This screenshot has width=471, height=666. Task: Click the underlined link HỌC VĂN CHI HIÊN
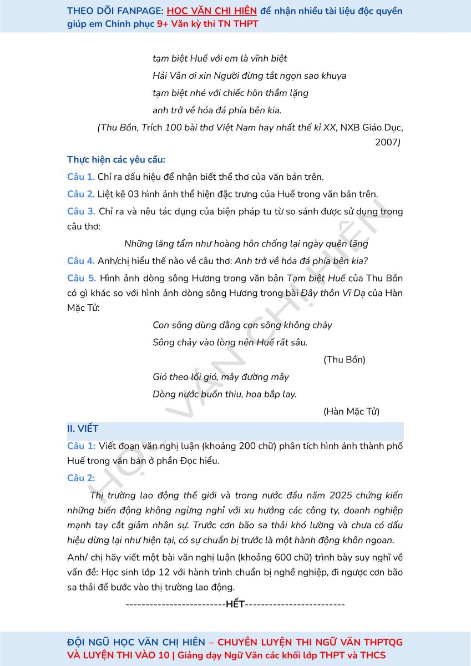(212, 11)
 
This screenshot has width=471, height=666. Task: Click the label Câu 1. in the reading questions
(81, 177)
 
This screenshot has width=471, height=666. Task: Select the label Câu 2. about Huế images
(81, 194)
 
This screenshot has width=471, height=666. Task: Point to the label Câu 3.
(81, 211)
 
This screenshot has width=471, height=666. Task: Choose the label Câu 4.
(81, 261)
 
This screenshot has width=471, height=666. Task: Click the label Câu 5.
(81, 278)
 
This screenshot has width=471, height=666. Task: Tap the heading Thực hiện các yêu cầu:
(116, 160)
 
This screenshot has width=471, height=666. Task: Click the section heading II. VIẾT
(83, 429)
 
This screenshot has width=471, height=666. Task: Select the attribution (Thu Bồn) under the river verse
(344, 360)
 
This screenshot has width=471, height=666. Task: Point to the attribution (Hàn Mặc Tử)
(351, 412)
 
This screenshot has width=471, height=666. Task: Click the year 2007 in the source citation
(387, 142)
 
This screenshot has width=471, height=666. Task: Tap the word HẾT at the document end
(235, 604)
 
